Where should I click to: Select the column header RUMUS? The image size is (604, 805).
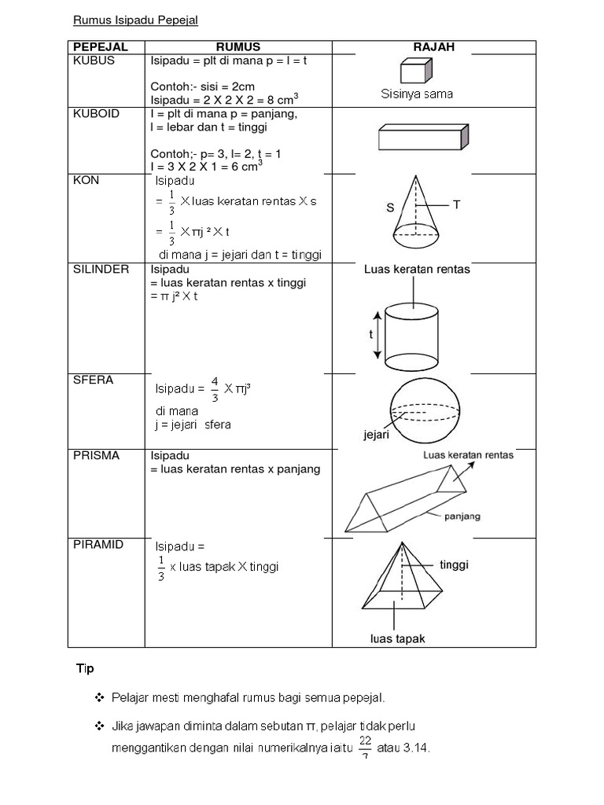coord(238,47)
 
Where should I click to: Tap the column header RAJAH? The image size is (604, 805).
coord(433,47)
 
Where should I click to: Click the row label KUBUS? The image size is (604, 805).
coord(94,61)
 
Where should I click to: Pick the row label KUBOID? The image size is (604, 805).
coord(96,114)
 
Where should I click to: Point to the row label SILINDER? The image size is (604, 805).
coord(101,270)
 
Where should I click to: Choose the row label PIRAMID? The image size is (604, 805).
coord(98,545)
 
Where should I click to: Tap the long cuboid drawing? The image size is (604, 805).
coord(424,137)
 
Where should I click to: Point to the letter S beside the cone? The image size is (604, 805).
coord(389,208)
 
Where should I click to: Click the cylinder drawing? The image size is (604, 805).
coord(411,335)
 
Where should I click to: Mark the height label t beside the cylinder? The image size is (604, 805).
coord(370,334)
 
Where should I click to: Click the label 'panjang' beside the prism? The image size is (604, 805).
coord(463,516)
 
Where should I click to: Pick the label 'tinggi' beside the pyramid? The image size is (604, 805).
coord(454,564)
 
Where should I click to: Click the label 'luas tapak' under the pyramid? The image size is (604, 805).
coord(398,639)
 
